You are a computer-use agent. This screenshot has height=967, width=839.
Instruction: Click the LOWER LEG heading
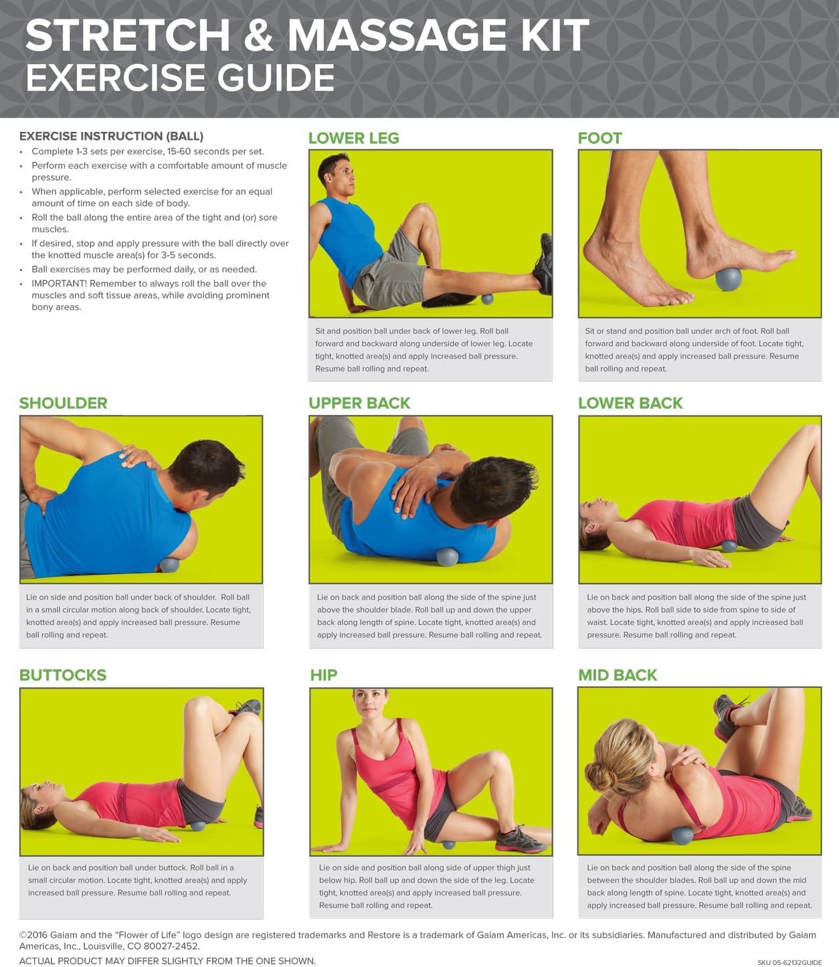pos(354,138)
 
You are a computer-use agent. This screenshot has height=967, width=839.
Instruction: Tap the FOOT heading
pos(600,138)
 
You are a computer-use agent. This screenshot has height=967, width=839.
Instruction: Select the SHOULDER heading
pos(64,403)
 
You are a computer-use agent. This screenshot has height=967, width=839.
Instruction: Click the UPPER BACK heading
pos(359,403)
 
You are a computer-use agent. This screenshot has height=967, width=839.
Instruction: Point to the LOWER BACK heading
pos(631,403)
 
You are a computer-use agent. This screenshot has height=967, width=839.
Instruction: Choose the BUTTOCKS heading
pos(63,675)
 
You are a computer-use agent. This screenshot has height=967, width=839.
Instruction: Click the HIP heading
pos(324,675)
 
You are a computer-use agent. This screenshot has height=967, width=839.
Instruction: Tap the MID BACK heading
pos(618,675)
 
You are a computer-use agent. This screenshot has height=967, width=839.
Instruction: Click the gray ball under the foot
pos(729,279)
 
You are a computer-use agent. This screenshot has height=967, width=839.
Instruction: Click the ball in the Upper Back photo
pos(447,557)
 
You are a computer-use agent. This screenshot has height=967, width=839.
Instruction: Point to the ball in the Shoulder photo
pos(169,565)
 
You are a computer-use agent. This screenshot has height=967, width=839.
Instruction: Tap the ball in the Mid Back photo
pos(682,836)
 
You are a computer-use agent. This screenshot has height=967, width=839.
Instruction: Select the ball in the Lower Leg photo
pos(487,298)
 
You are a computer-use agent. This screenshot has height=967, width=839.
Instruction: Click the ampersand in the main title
pos(258,35)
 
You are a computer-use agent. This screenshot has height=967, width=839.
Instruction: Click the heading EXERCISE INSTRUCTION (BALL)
pos(112,136)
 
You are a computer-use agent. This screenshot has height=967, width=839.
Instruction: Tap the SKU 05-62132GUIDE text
pos(789,962)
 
